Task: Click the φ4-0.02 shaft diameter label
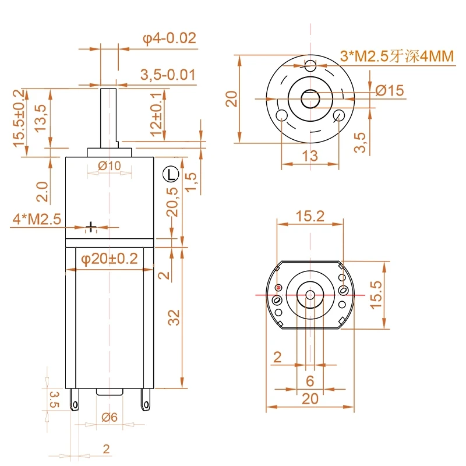(170, 38)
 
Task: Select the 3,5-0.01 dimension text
(168, 75)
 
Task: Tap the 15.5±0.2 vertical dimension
(19, 118)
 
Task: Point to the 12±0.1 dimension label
(157, 114)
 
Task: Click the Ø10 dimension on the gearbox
(110, 166)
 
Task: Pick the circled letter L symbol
(171, 174)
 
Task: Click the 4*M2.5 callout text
(37, 219)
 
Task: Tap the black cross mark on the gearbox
(91, 227)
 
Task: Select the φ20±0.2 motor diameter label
(110, 259)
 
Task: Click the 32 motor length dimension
(174, 317)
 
